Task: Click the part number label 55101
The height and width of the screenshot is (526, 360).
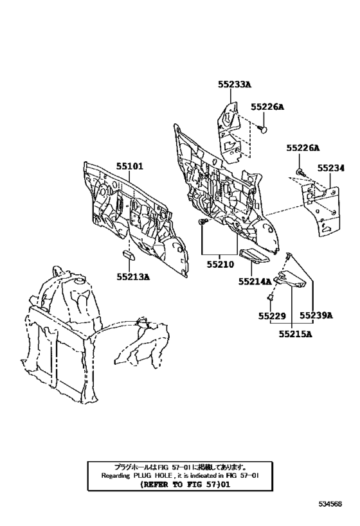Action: coord(130,166)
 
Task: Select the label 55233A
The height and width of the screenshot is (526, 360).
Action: coord(235,85)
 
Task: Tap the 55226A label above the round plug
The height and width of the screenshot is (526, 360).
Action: coord(267,107)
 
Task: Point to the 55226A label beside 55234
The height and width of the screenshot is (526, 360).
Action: coord(303,148)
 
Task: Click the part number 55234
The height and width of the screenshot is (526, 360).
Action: coord(331,168)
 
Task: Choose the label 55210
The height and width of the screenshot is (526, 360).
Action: coord(221,265)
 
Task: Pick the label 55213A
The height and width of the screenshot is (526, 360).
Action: coord(133,277)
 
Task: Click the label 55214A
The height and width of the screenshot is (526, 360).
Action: coord(255,281)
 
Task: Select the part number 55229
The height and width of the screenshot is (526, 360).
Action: coord(272,316)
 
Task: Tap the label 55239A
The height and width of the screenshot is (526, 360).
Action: coord(316,316)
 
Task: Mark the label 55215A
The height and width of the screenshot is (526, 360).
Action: coord(295,335)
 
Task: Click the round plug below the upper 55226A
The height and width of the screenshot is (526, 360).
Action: coord(264,128)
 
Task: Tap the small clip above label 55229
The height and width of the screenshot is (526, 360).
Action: coord(269,297)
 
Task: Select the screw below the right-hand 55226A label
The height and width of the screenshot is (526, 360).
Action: coord(300,172)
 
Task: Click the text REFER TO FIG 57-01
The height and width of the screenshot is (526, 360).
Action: coord(185,484)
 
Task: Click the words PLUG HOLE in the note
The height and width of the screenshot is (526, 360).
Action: coord(153,475)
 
